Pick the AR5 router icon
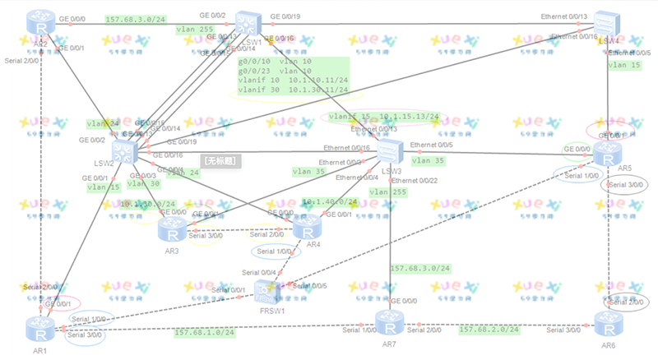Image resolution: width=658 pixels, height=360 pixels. [608, 153]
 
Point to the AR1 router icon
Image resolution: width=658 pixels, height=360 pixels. [39, 328]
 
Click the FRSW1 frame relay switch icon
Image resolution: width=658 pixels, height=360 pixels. [269, 291]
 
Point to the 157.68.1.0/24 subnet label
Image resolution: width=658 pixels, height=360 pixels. [203, 333]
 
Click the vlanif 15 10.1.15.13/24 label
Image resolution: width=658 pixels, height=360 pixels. [384, 117]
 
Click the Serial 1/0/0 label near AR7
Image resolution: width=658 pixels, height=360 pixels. [359, 330]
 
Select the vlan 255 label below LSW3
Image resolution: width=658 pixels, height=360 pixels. [389, 192]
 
